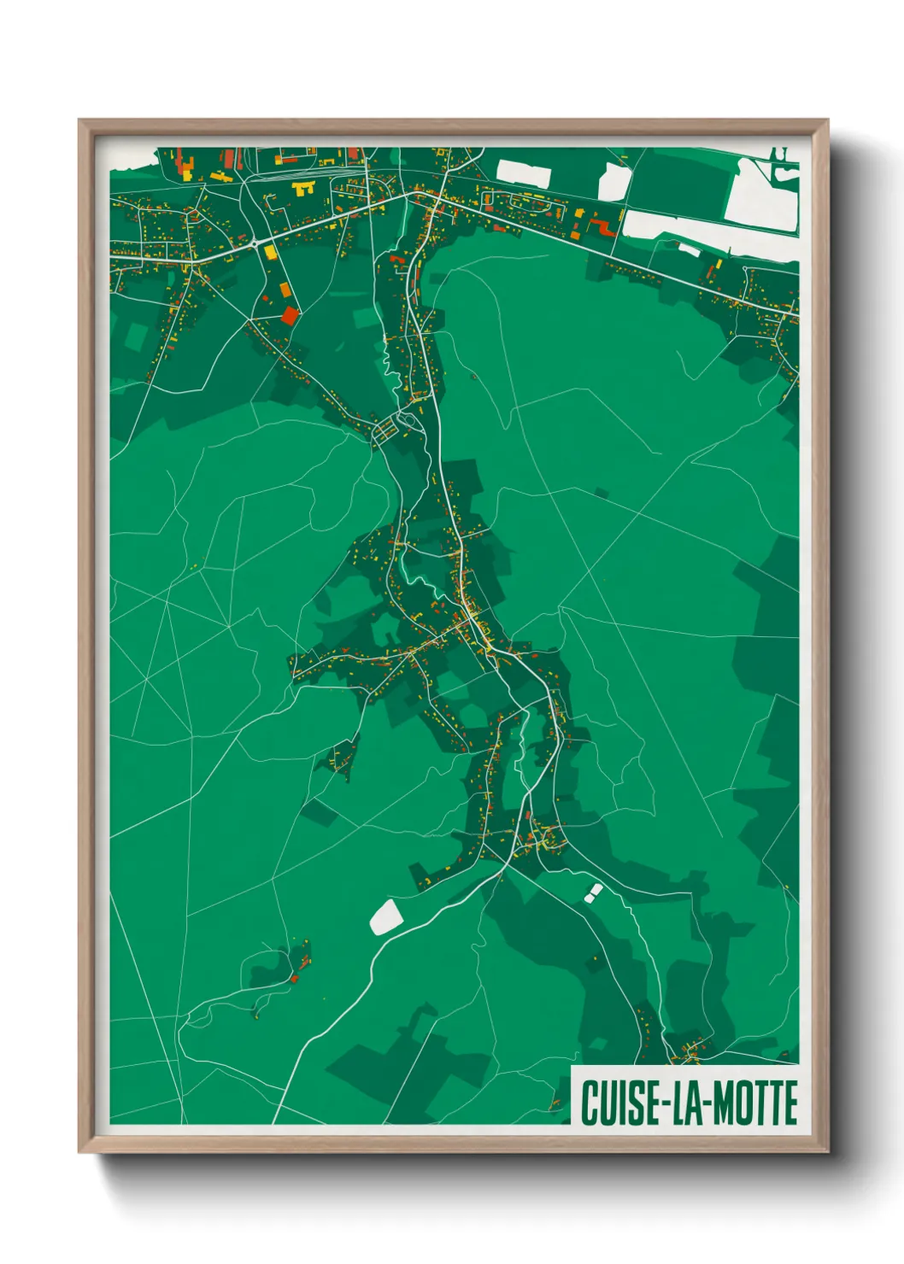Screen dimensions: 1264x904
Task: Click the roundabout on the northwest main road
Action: click(x=255, y=243)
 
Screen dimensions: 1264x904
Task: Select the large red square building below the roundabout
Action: click(x=291, y=315)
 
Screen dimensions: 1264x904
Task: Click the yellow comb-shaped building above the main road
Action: click(x=302, y=188)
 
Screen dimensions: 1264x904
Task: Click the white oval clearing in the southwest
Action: click(x=386, y=918)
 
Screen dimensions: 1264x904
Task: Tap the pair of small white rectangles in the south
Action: click(x=593, y=892)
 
